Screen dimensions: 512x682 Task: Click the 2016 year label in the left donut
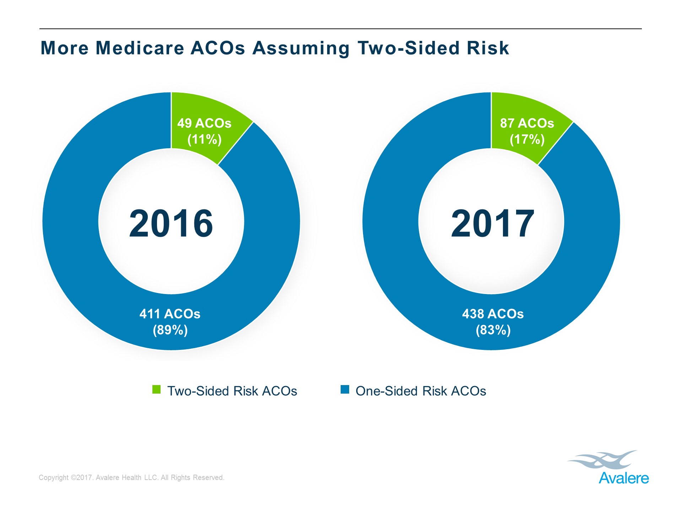(171, 223)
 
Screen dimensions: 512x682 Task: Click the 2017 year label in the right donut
(492, 223)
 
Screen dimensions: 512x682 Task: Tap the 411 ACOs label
(170, 314)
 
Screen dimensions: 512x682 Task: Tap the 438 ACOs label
(493, 314)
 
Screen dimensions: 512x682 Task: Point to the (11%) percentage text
(204, 139)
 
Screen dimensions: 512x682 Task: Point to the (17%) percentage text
(527, 139)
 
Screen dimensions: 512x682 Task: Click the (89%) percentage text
(170, 330)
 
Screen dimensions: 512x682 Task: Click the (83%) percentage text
(493, 330)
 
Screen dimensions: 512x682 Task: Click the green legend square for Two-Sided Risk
(156, 389)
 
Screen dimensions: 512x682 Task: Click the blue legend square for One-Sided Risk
(345, 389)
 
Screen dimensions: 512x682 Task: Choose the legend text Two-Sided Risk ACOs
(232, 391)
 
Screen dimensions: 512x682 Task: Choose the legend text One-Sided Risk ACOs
(421, 391)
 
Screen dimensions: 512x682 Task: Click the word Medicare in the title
(140, 48)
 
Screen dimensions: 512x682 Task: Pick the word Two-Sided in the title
(408, 48)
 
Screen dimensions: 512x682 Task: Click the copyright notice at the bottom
(131, 478)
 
